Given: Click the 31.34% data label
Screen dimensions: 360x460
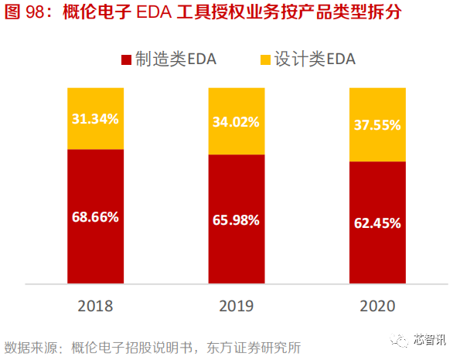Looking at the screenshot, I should click(95, 119).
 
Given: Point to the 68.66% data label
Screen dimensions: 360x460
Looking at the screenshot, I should click(95, 217).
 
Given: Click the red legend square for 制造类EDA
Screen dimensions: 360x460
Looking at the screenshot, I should click(126, 59).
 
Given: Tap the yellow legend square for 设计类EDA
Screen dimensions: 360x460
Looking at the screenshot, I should click(264, 59).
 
